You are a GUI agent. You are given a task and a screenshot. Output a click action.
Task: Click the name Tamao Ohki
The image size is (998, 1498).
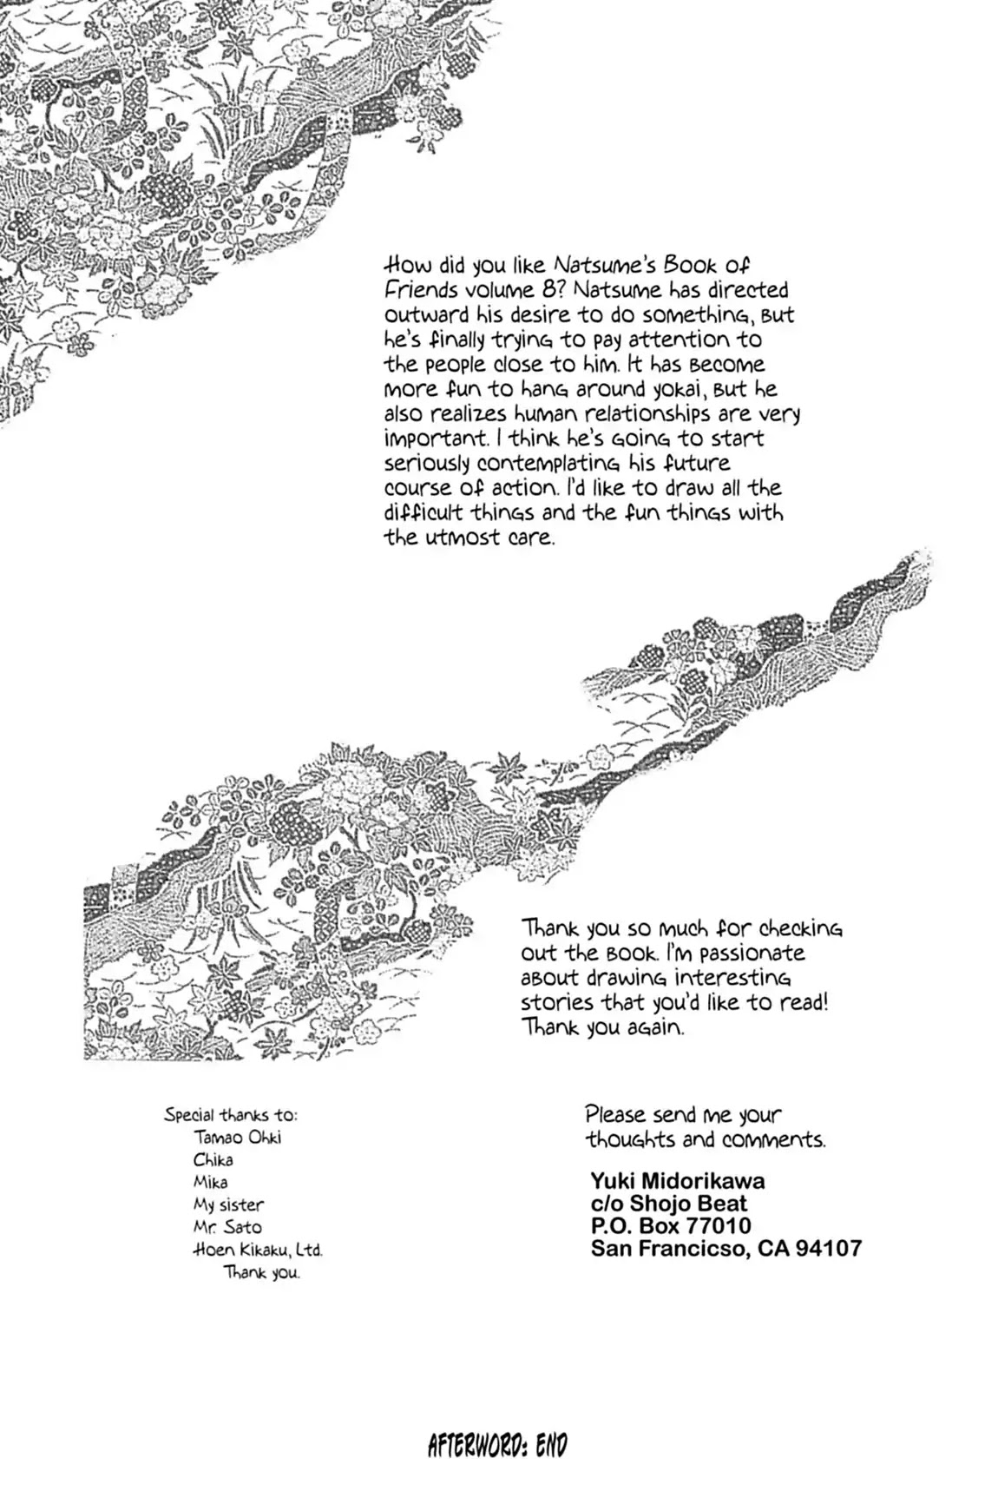pos(238,1137)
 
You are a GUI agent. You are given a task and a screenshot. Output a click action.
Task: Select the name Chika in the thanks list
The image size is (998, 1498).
pos(213,1159)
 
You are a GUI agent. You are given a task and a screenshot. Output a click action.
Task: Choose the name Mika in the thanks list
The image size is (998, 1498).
pos(211,1182)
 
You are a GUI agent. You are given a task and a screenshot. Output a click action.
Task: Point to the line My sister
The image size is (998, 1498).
pos(228,1204)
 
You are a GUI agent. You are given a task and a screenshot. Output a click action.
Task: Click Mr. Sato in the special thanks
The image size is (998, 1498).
pos(227,1227)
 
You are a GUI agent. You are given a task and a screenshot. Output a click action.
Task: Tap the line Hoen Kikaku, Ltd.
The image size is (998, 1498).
pos(258,1251)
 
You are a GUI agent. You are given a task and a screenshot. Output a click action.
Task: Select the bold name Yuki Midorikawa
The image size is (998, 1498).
pos(677,1181)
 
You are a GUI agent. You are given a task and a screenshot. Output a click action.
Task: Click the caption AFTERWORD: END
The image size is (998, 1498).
pos(497,1446)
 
